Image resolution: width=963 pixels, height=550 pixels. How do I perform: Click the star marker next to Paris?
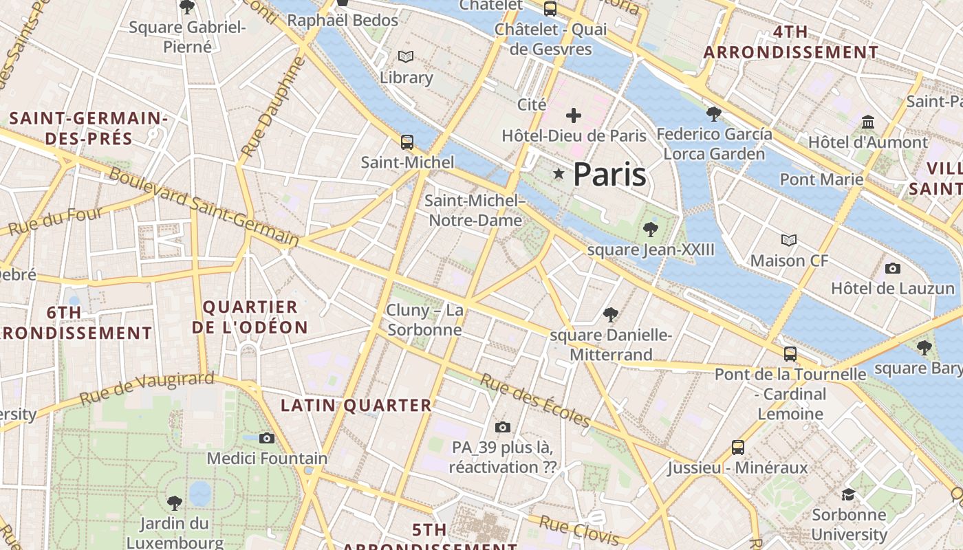tap(559, 175)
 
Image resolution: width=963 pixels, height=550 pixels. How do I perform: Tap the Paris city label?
tap(609, 175)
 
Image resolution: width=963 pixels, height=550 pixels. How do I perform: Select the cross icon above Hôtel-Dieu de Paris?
tap(574, 115)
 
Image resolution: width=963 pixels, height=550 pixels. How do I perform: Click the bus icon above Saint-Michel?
tap(407, 142)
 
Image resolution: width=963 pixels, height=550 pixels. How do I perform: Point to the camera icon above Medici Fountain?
tap(267, 438)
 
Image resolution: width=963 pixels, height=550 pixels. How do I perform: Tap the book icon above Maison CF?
tap(789, 240)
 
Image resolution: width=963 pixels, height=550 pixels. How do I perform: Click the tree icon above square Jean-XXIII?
tap(650, 230)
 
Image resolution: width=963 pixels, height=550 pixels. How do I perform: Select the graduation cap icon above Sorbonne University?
tap(849, 494)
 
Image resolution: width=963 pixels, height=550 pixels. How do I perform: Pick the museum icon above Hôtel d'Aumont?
tap(868, 122)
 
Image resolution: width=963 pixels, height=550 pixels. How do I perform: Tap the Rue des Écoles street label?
tap(535, 400)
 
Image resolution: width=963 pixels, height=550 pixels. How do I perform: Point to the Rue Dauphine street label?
tap(273, 107)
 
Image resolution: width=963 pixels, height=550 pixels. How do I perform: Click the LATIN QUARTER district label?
tap(356, 405)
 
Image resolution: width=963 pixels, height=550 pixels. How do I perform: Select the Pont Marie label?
tap(821, 179)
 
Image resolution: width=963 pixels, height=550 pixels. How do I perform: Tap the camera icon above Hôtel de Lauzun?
tap(893, 268)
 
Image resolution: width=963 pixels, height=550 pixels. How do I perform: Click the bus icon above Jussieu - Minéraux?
tap(738, 448)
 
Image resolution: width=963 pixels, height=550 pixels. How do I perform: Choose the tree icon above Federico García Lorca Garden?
tap(714, 113)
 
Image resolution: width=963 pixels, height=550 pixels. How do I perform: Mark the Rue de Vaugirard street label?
tap(147, 388)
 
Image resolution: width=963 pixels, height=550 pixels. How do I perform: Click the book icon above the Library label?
tap(406, 56)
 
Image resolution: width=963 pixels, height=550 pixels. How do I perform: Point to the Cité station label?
tap(532, 104)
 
